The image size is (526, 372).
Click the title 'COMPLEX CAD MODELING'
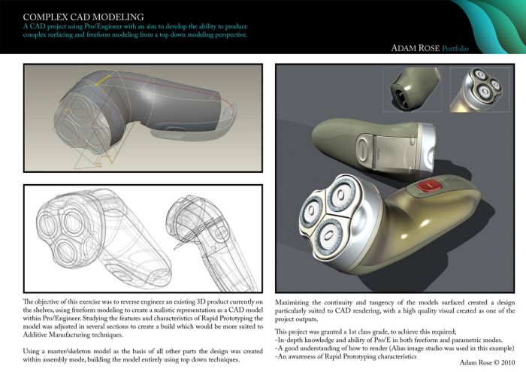click(x=74, y=16)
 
